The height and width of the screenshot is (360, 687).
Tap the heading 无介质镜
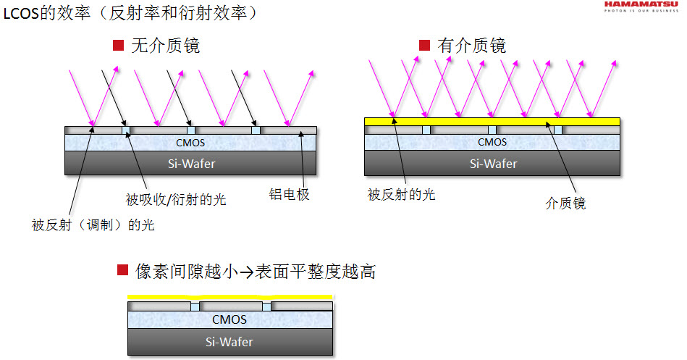[x=166, y=47]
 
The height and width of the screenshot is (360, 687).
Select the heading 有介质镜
[x=472, y=46]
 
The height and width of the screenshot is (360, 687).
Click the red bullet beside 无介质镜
[x=119, y=46]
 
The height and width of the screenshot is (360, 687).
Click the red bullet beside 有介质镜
[x=425, y=46]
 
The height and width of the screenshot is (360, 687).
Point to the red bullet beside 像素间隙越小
[x=122, y=271]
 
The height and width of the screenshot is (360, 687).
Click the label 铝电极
[x=289, y=195]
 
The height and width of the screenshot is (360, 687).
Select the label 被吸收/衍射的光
[x=176, y=199]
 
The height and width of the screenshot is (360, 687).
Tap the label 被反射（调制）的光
[x=93, y=225]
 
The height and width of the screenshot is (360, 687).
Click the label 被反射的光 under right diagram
[x=401, y=194]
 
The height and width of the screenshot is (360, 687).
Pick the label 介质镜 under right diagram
[x=565, y=204]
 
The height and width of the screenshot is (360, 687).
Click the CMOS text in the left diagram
[x=190, y=143]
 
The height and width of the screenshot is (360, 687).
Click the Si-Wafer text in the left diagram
[x=190, y=163]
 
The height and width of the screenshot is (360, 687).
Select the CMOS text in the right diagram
[x=492, y=142]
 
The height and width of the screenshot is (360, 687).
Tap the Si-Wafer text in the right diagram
[x=492, y=163]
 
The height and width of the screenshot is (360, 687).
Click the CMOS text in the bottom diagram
[x=229, y=319]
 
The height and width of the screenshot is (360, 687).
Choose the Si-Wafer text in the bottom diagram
[x=229, y=341]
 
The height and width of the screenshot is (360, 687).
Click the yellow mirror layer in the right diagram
[x=492, y=121]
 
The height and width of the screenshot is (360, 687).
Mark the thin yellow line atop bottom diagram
[x=229, y=297]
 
